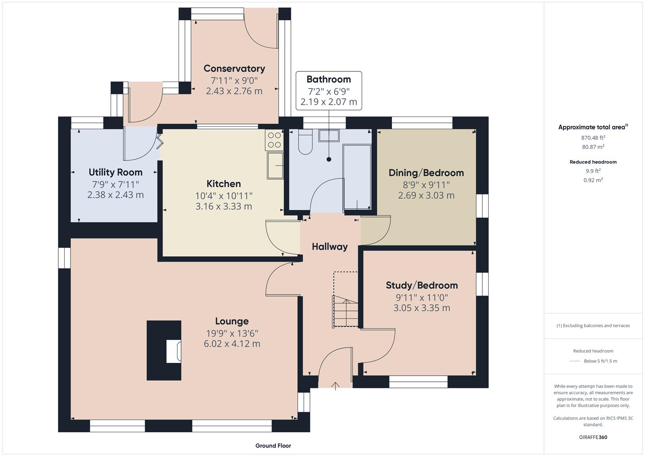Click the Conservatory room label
[234, 68]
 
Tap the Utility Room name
[115, 172]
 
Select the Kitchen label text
[223, 184]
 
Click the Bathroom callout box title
[329, 79]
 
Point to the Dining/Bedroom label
[426, 173]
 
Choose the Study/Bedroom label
[422, 285]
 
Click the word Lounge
[231, 321]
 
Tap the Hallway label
[329, 247]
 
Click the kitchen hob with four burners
[274, 140]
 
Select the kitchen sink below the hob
[275, 166]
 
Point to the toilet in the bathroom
[305, 142]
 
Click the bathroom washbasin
[329, 136]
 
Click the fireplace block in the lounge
[164, 350]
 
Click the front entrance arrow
[335, 385]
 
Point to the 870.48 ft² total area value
[593, 138]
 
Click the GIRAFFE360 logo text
[593, 437]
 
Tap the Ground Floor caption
[273, 445]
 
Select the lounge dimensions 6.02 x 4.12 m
[231, 344]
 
